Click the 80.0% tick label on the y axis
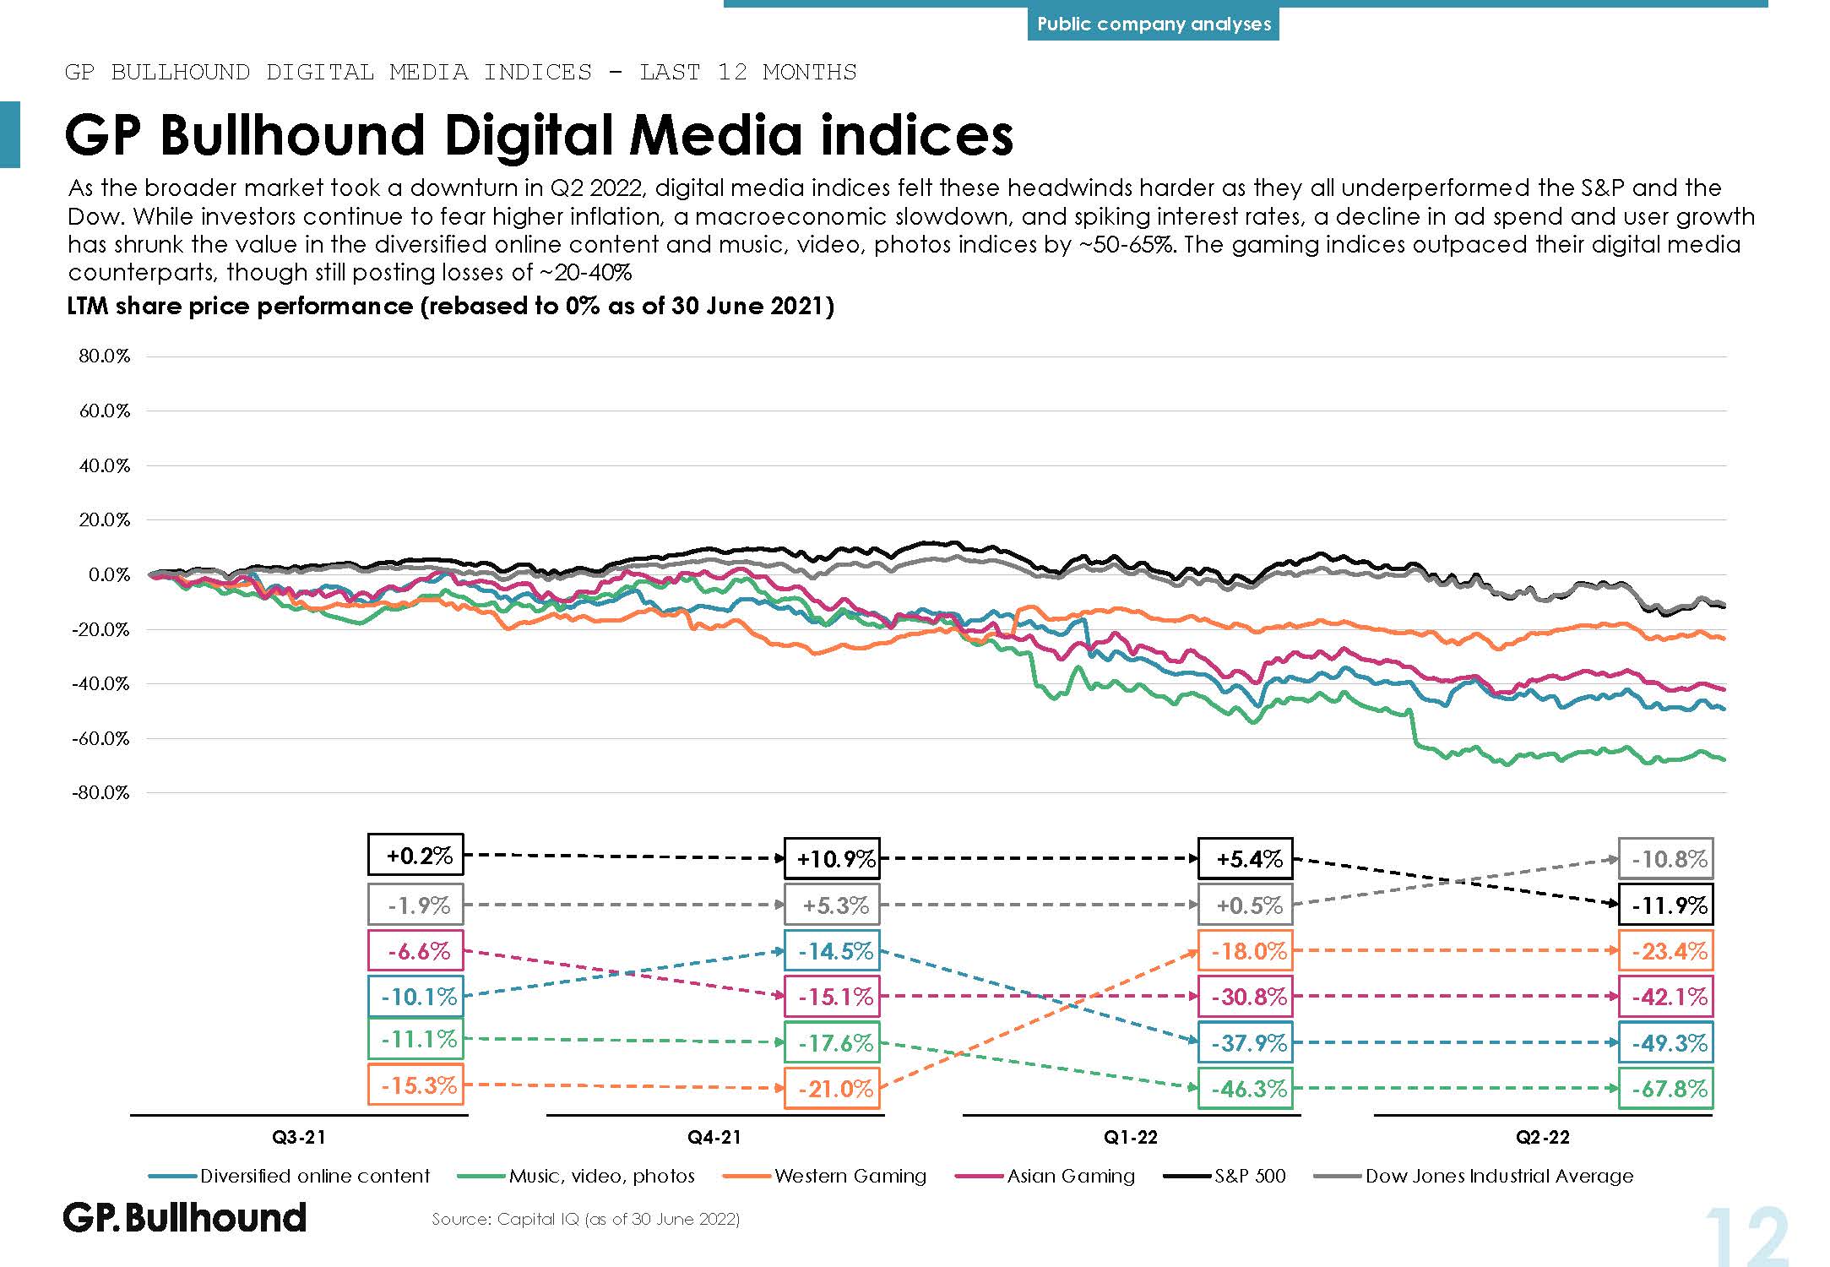pyautogui.click(x=104, y=356)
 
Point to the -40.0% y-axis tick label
pyautogui.click(x=100, y=683)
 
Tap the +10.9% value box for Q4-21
pyautogui.click(x=832, y=859)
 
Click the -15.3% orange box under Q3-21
pyautogui.click(x=416, y=1085)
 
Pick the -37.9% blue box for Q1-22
pyautogui.click(x=1246, y=1043)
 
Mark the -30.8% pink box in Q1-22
pyautogui.click(x=1246, y=997)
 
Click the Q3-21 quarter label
pyautogui.click(x=298, y=1138)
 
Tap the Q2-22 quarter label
pyautogui.click(x=1542, y=1138)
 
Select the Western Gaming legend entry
pyautogui.click(x=850, y=1176)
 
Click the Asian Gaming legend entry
pyautogui.click(x=1070, y=1176)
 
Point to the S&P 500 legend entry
pyautogui.click(x=1249, y=1176)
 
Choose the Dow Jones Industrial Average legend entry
pyautogui.click(x=1498, y=1176)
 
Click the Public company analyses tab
pyautogui.click(x=1154, y=24)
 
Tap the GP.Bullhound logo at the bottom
pyautogui.click(x=185, y=1218)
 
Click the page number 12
pyautogui.click(x=1746, y=1237)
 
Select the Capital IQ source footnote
pyautogui.click(x=585, y=1219)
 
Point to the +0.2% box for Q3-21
pyautogui.click(x=416, y=855)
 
